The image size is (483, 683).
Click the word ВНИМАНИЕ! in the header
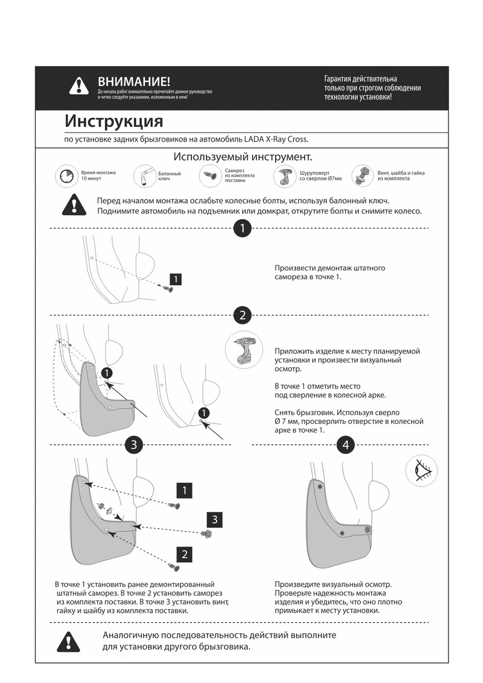(x=134, y=82)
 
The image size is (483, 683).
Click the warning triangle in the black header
(x=79, y=86)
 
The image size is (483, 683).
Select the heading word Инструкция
(x=114, y=121)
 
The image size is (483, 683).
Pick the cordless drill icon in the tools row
(x=284, y=176)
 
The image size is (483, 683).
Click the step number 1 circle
(x=243, y=229)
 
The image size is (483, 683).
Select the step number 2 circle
(x=243, y=315)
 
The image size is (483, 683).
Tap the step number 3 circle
(x=133, y=445)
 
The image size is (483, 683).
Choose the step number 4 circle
(x=346, y=445)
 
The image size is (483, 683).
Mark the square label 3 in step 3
(x=215, y=519)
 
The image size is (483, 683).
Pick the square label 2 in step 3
(x=184, y=553)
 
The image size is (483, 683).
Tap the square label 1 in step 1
(x=177, y=279)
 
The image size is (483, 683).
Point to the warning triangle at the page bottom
(x=68, y=641)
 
